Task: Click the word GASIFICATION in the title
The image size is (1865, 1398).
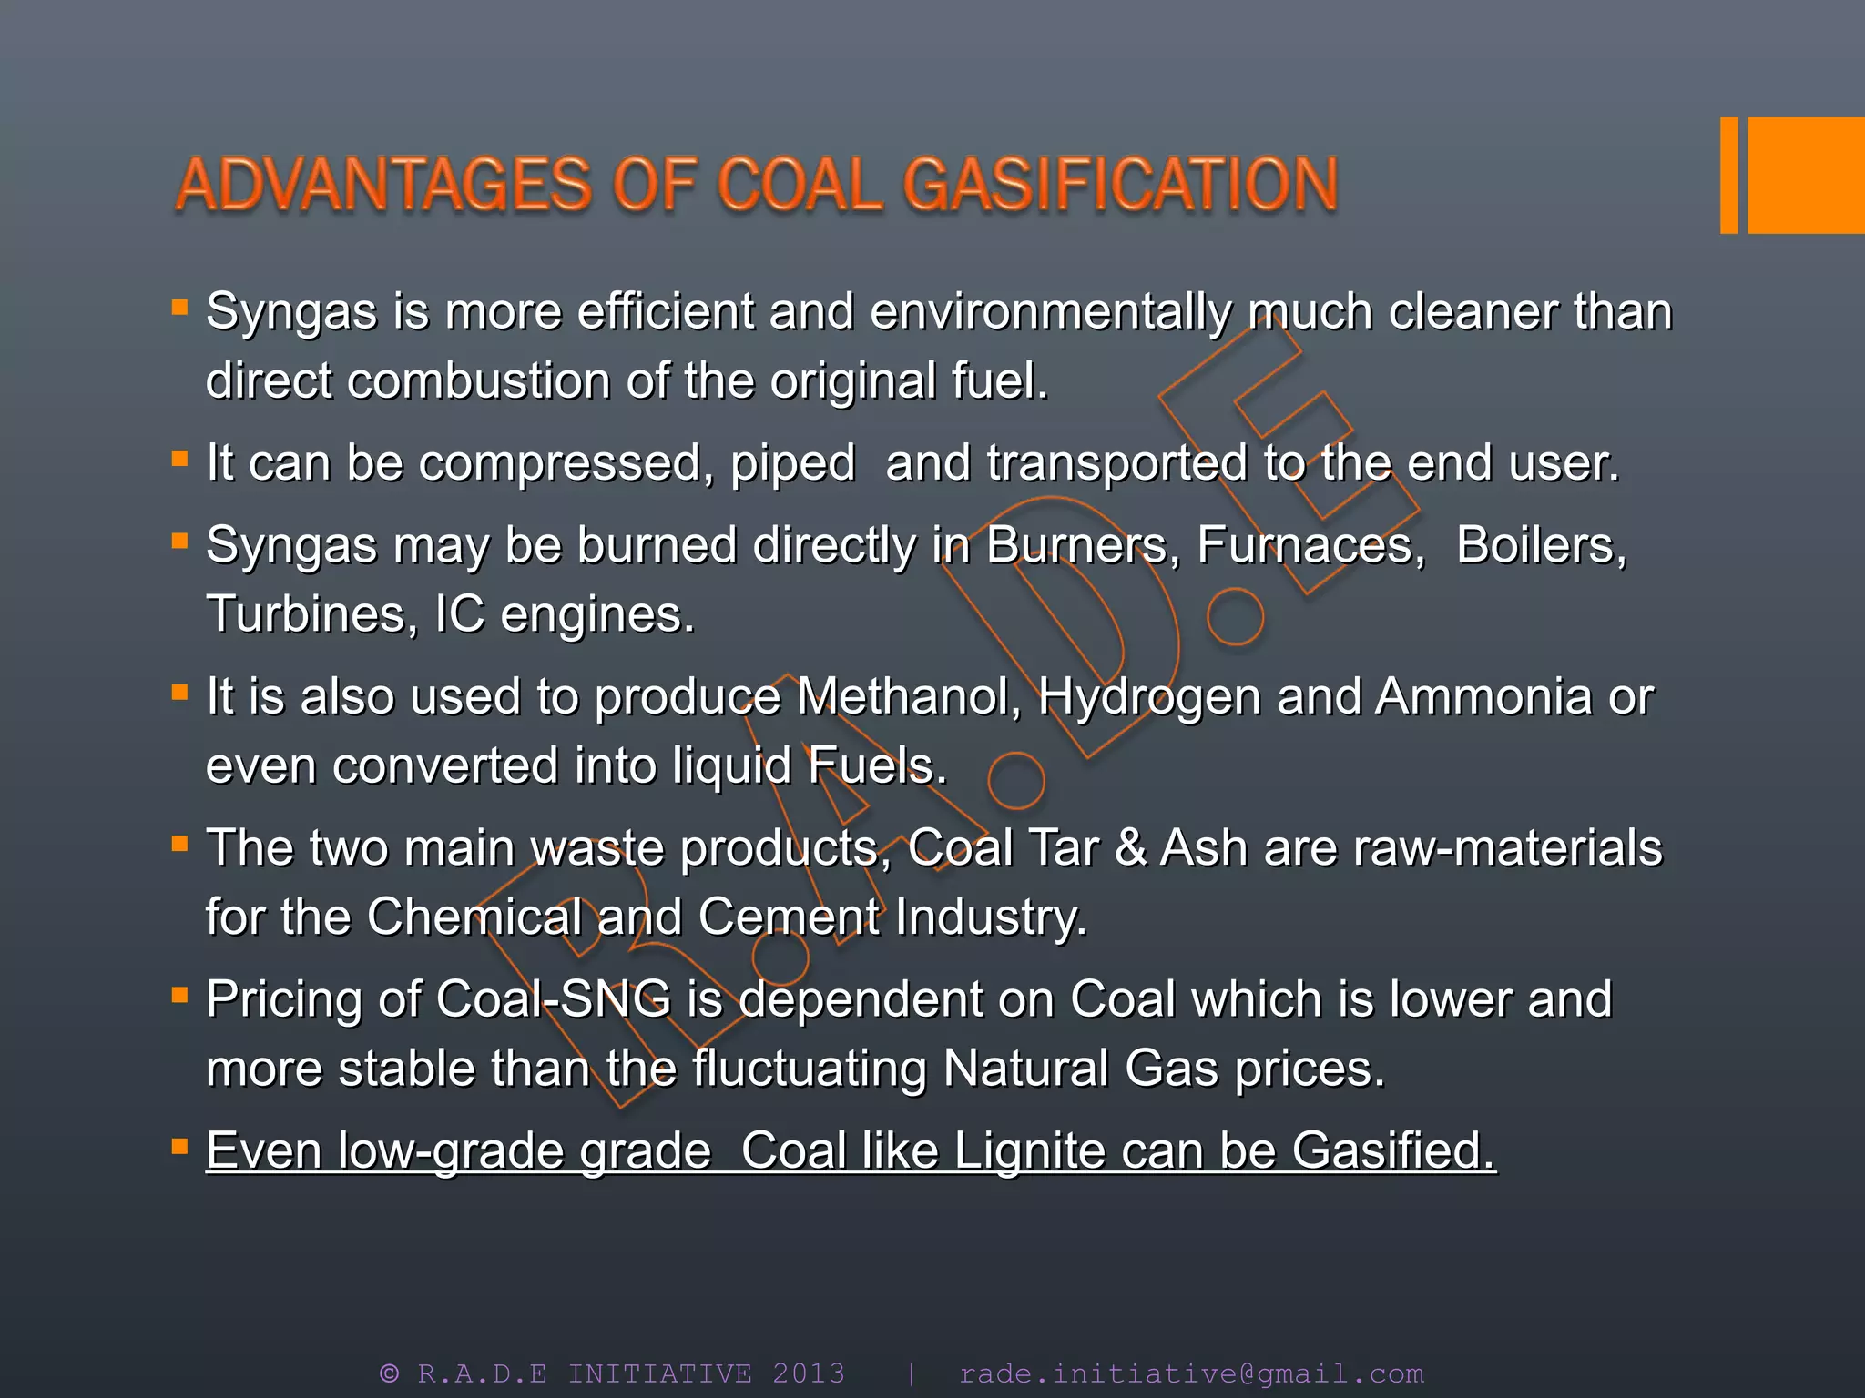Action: (x=1120, y=185)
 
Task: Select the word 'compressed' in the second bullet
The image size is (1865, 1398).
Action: (x=560, y=463)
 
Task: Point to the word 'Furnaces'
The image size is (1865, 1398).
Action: (x=1310, y=546)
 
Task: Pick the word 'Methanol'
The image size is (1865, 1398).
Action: (x=909, y=697)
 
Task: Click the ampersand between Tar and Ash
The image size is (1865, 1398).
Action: (x=1129, y=848)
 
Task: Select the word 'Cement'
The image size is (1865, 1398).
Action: (x=789, y=917)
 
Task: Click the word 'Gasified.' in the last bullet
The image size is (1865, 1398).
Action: (x=1393, y=1150)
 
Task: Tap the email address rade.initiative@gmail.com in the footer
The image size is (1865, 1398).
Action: (x=1191, y=1373)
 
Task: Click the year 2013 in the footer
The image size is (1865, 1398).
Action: (x=809, y=1373)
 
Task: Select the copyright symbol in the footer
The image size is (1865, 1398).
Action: (x=390, y=1373)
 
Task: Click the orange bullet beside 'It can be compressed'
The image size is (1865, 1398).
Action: (x=179, y=458)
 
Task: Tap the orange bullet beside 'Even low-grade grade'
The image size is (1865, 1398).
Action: (x=179, y=1145)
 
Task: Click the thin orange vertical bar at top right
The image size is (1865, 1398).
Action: (x=1728, y=175)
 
